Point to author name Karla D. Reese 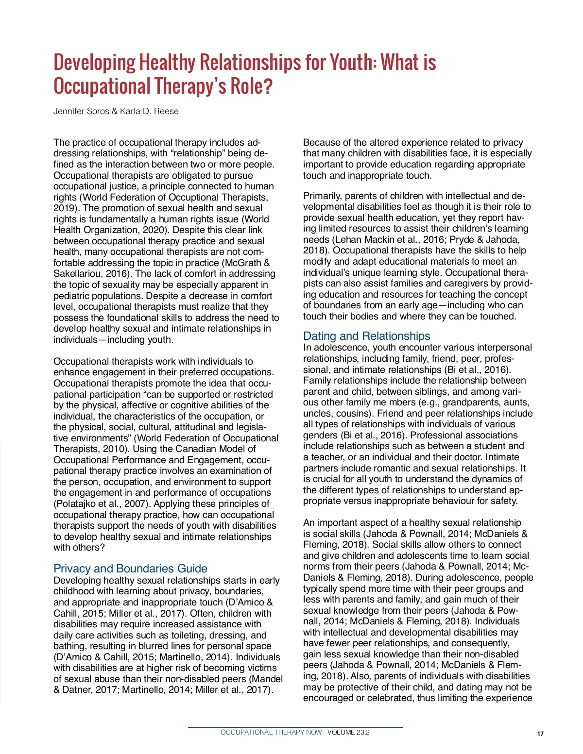[x=149, y=111]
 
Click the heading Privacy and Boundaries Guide [x=130, y=569]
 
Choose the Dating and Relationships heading [x=366, y=336]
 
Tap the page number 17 [x=540, y=734]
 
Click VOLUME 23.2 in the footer [x=348, y=732]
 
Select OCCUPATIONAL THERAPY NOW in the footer [x=271, y=732]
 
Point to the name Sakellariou [x=78, y=274]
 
